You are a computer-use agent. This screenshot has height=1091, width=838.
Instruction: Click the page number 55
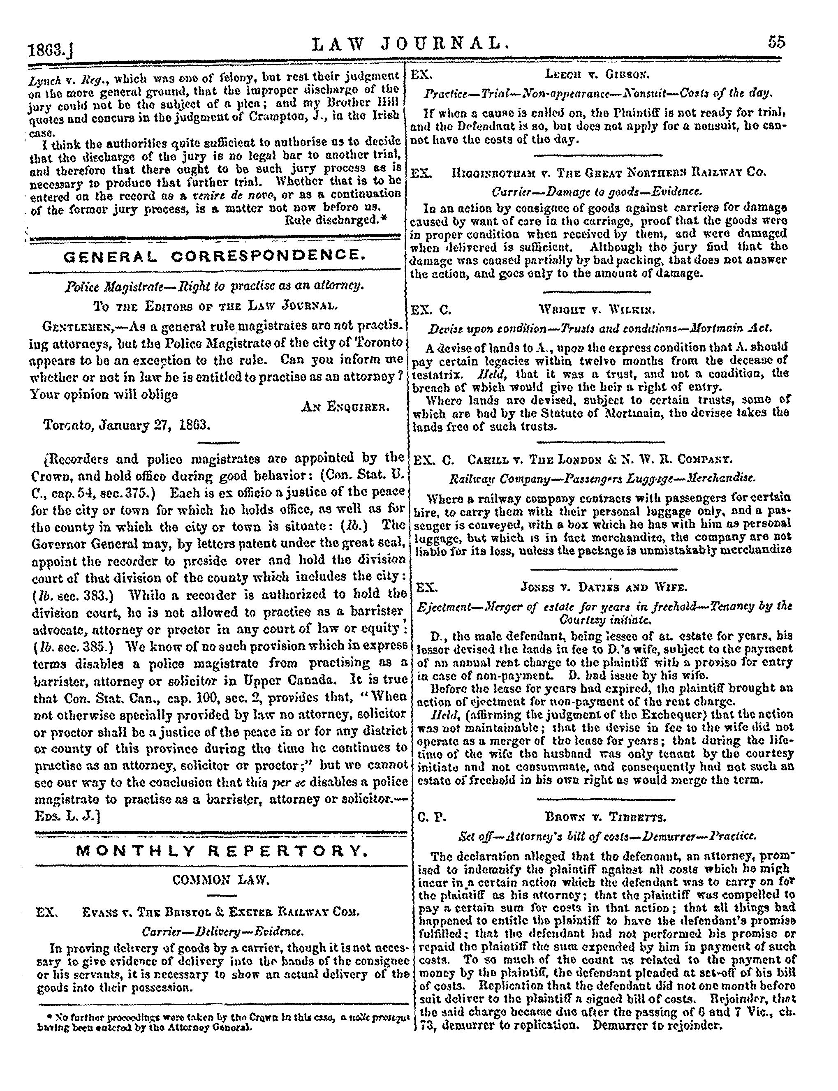click(777, 42)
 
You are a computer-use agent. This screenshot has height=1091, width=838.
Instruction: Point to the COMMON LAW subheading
click(220, 881)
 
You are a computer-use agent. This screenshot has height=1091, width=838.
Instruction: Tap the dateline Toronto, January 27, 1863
click(127, 425)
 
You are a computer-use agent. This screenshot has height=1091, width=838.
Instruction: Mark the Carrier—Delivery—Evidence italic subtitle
click(222, 932)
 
